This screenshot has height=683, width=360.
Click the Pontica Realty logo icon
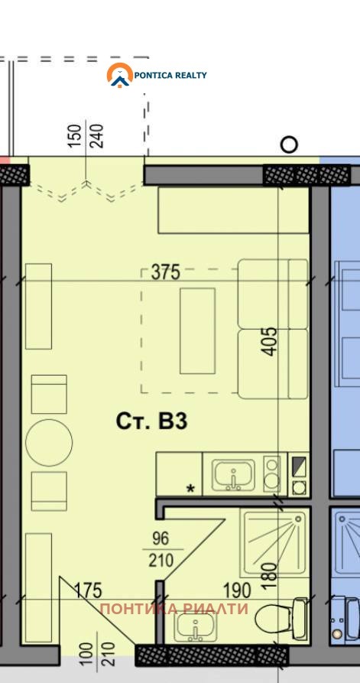pos(119,75)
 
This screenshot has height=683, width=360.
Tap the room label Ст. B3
pos(151,421)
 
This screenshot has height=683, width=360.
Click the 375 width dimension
pos(164,272)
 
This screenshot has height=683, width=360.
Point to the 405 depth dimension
pos(269,341)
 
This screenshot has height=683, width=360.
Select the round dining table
pos(49,442)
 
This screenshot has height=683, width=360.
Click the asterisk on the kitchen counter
pos(190,487)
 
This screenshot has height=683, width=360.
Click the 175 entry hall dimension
pos(88,590)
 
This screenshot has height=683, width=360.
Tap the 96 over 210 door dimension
pos(161,550)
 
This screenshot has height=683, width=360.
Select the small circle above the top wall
pos(289,145)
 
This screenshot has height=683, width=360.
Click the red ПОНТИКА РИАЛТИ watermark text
pos(174,610)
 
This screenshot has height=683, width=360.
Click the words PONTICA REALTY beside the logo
pos(170,75)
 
